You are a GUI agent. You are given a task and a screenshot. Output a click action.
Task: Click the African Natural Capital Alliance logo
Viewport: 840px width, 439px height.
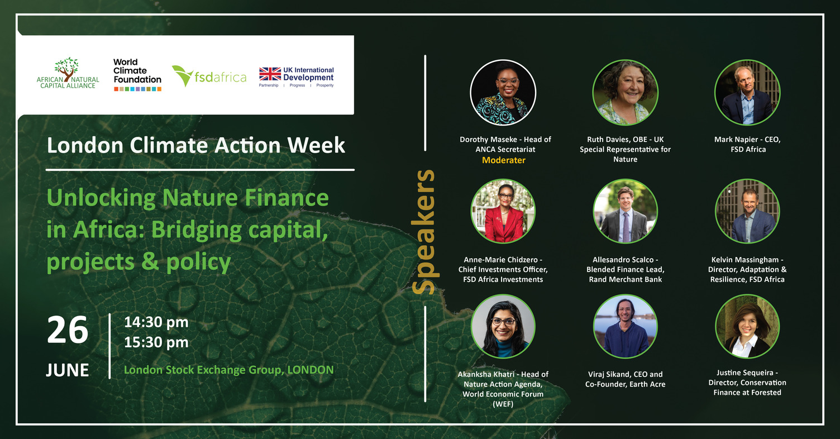68,73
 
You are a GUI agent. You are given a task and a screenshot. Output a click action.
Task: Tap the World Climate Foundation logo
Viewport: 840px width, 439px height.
137,75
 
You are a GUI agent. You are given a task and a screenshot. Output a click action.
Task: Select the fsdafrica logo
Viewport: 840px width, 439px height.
209,76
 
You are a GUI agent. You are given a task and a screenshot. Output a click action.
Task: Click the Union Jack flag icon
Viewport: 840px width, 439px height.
270,74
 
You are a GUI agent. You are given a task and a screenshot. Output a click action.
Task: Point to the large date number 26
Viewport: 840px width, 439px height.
68,330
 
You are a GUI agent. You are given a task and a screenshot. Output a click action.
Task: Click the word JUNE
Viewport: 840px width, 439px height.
68,370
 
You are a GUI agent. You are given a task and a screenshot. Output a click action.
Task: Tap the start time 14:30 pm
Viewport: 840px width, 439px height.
156,322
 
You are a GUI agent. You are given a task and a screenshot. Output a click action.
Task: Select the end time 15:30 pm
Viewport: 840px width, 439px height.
156,342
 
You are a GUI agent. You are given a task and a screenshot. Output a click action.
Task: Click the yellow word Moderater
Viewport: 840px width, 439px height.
504,160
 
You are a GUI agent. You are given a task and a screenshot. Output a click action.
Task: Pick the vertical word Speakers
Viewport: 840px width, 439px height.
423,232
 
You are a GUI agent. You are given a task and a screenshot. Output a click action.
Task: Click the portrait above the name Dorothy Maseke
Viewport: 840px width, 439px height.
503,93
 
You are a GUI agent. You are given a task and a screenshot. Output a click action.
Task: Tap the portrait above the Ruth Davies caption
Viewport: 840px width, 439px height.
625,93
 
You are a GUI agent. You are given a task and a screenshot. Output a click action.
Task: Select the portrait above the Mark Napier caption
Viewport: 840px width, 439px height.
747,93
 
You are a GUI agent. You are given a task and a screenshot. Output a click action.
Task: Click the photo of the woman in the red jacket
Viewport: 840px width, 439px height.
503,211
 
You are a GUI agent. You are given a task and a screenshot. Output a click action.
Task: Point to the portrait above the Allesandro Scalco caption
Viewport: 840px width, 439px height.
625,211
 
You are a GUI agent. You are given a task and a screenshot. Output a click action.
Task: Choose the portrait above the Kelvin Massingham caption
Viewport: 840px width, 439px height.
747,211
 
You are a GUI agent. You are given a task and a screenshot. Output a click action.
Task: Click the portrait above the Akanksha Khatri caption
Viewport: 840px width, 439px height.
503,326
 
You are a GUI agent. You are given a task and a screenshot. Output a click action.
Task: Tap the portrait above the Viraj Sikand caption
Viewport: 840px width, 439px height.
625,326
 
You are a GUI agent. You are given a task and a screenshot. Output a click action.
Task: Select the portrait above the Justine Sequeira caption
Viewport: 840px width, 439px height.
747,326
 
